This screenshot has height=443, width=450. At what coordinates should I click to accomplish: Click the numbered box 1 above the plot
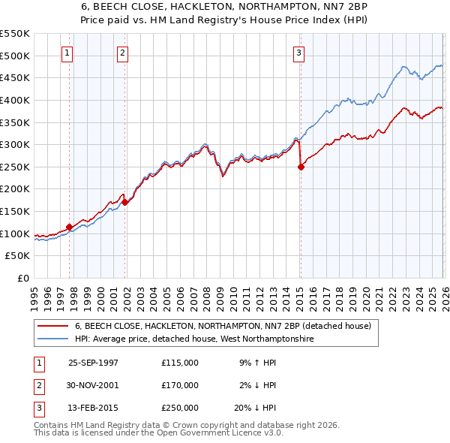click(68, 53)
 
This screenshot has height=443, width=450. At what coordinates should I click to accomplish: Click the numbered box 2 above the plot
click(122, 53)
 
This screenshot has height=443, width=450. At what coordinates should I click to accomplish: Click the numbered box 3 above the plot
click(298, 53)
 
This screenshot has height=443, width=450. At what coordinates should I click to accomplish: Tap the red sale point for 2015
click(301, 167)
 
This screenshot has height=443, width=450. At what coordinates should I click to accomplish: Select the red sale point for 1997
click(70, 227)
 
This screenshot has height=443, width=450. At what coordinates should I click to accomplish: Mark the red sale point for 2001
click(125, 202)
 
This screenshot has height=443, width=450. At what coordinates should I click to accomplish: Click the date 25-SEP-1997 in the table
click(93, 363)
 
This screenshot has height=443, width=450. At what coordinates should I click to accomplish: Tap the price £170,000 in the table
click(180, 385)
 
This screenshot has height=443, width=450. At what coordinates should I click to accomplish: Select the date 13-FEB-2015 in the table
click(93, 408)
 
